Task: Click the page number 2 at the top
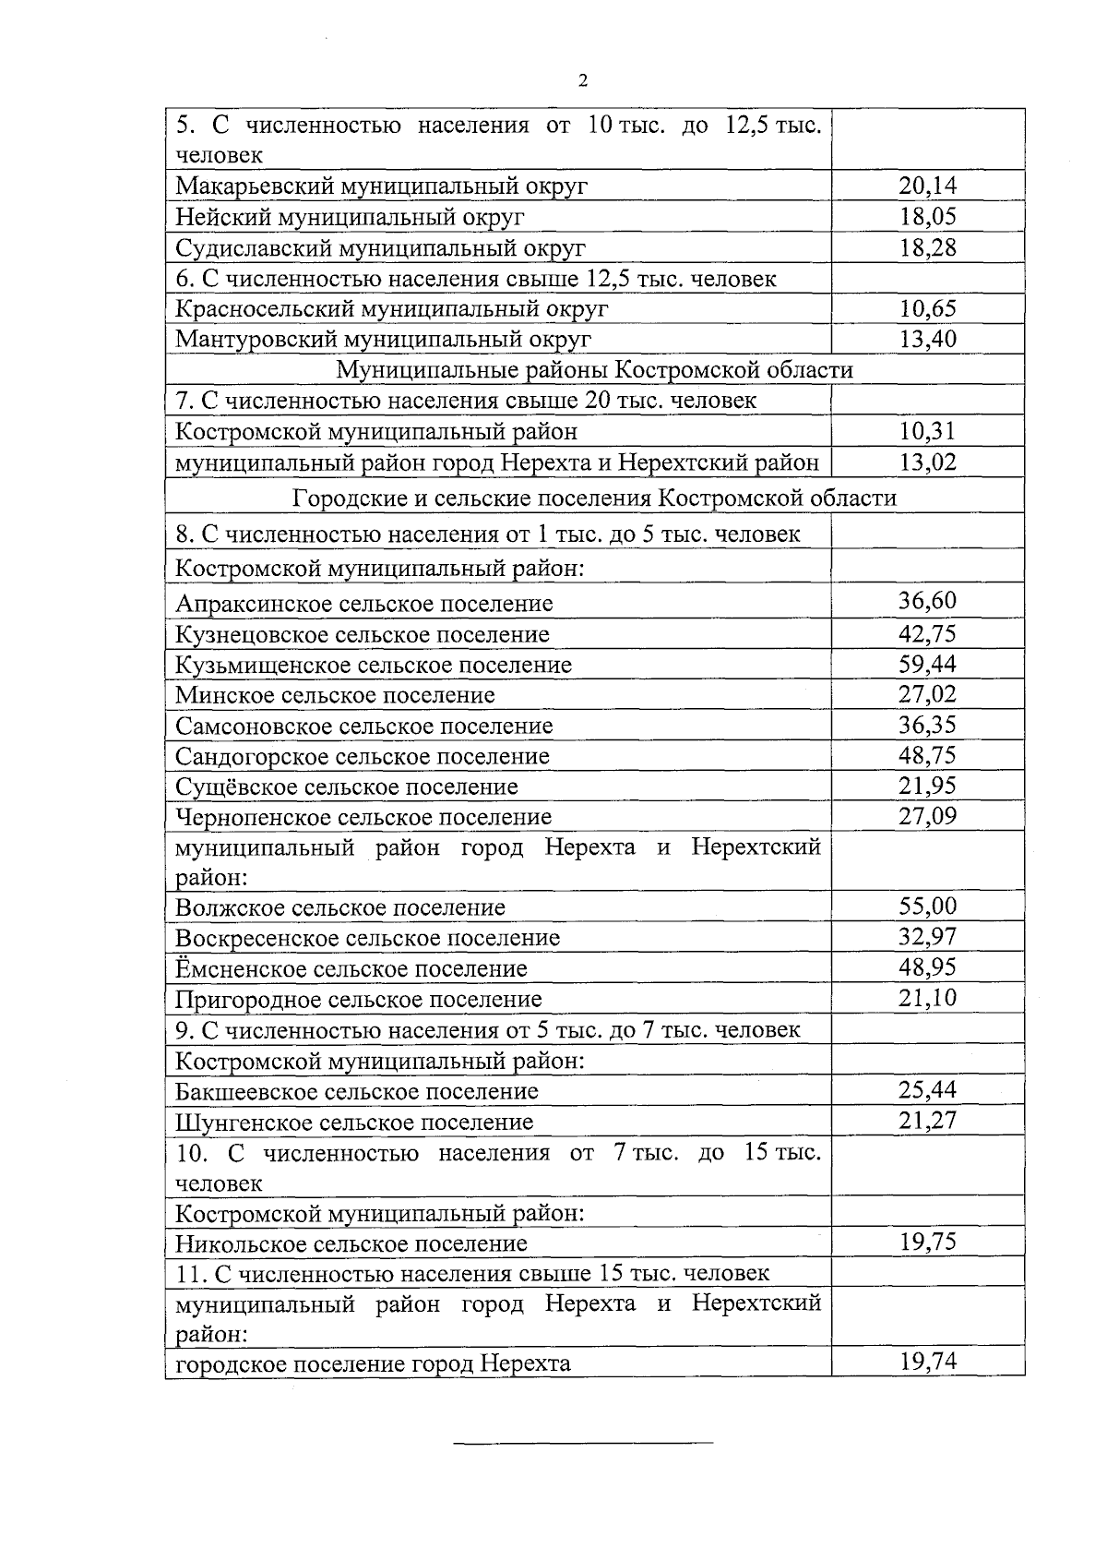pyautogui.click(x=582, y=81)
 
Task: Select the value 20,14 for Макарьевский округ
pyautogui.click(x=927, y=186)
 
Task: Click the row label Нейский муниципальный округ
pyautogui.click(x=350, y=217)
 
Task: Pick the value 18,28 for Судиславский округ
pyautogui.click(x=927, y=247)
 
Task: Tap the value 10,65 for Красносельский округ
pyautogui.click(x=927, y=308)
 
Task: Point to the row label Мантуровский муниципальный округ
pyautogui.click(x=383, y=339)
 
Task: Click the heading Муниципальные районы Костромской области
pyautogui.click(x=594, y=370)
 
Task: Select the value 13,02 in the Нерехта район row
pyautogui.click(x=927, y=462)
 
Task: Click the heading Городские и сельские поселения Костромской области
pyautogui.click(x=594, y=498)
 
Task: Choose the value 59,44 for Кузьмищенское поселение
pyautogui.click(x=927, y=664)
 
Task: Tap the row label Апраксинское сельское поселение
pyautogui.click(x=363, y=604)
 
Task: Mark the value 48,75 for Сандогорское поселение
pyautogui.click(x=927, y=755)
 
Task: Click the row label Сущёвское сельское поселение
pyautogui.click(x=346, y=787)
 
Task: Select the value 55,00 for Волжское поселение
pyautogui.click(x=927, y=906)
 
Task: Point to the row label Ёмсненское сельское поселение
pyautogui.click(x=351, y=968)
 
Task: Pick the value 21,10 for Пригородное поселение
pyautogui.click(x=927, y=997)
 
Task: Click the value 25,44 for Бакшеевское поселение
pyautogui.click(x=927, y=1089)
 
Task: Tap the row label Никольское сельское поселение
pyautogui.click(x=351, y=1243)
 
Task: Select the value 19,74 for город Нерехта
pyautogui.click(x=927, y=1361)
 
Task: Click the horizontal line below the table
pyautogui.click(x=585, y=1441)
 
